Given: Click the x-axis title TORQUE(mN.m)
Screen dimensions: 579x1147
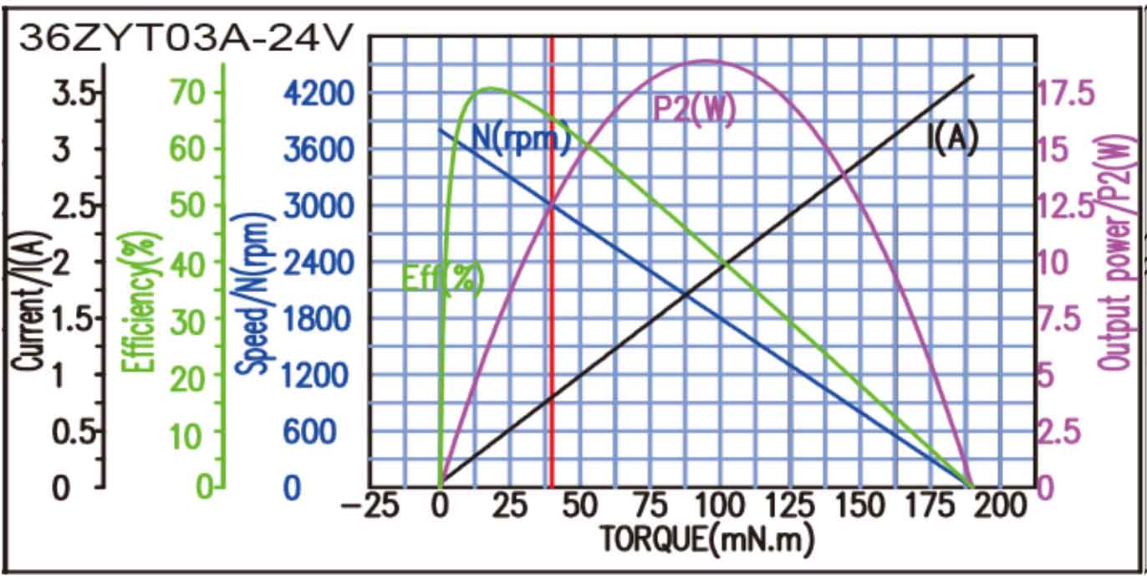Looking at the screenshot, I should [x=706, y=540].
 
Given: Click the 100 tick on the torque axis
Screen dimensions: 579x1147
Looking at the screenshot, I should [x=719, y=506].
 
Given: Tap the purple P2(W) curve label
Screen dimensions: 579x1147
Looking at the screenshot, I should [x=694, y=110].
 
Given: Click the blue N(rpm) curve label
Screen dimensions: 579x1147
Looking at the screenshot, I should [x=521, y=137].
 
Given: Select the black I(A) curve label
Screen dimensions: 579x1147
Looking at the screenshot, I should [x=952, y=139].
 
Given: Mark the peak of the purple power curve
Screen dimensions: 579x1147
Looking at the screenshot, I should [x=705, y=60].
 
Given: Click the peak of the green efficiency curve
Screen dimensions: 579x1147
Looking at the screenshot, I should [x=488, y=89].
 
